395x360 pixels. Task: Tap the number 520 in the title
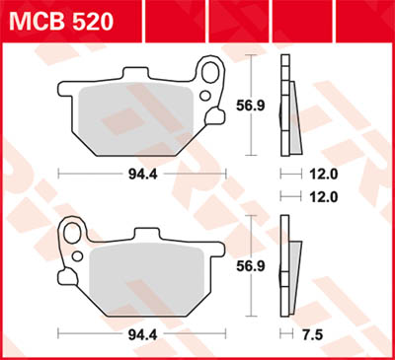coord(90,20)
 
